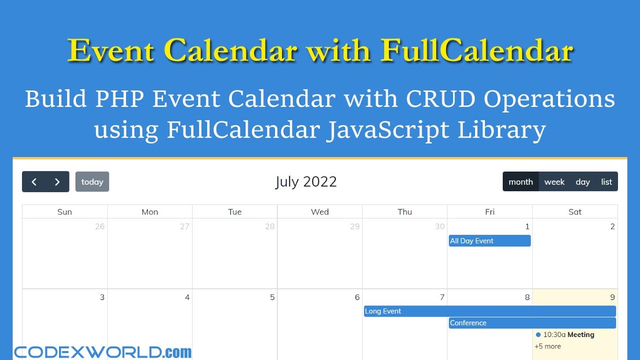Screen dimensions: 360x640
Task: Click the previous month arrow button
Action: (x=34, y=182)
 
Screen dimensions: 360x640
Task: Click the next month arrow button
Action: (x=57, y=182)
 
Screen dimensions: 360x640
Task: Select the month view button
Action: (x=520, y=182)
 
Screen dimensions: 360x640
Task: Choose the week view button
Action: (x=554, y=182)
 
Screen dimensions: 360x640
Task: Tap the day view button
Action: (x=582, y=182)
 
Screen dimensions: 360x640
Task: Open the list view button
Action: (x=606, y=182)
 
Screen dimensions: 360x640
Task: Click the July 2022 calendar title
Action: (x=306, y=181)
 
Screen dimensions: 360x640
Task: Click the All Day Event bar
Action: (x=489, y=241)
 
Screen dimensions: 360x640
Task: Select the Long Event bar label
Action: (x=383, y=311)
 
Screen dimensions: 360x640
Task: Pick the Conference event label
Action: (x=468, y=323)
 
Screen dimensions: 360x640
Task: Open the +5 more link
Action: (x=547, y=346)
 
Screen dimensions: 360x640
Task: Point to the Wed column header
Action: (x=320, y=212)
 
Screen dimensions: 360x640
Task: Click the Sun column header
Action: (x=64, y=212)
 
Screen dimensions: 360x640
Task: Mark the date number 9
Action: (x=612, y=297)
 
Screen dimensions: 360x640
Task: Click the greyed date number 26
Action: (x=100, y=226)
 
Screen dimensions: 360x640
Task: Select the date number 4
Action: (x=187, y=297)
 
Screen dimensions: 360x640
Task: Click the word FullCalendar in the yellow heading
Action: (x=476, y=50)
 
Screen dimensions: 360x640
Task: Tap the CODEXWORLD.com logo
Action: (x=102, y=352)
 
